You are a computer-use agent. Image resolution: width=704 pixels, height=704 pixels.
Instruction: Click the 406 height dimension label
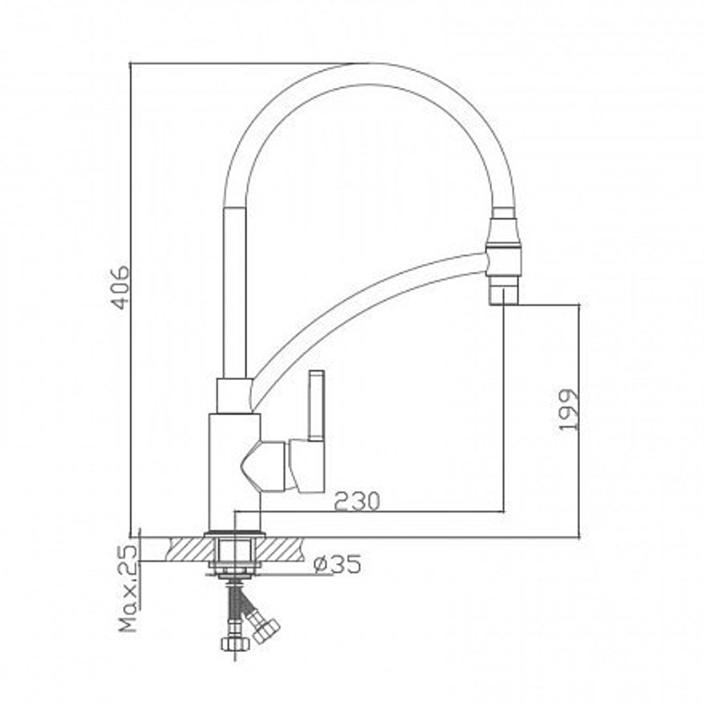(121, 287)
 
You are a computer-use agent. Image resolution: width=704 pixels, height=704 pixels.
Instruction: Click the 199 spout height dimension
(569, 410)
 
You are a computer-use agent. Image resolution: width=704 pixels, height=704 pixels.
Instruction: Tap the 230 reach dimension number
(356, 501)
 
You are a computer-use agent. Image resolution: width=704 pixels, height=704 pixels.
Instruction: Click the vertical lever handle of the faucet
(316, 405)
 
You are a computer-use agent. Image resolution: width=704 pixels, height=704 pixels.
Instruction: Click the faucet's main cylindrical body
(233, 468)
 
